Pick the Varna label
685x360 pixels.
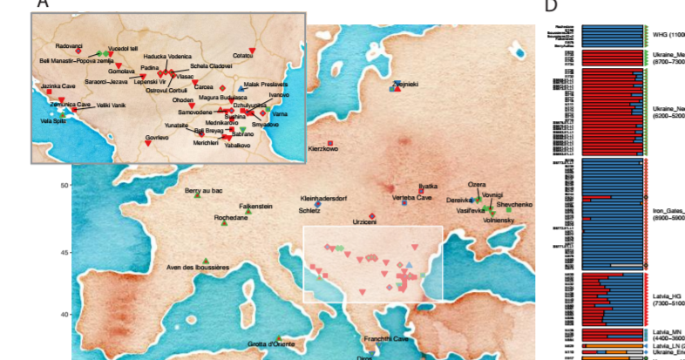click(280, 114)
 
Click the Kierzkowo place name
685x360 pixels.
click(325, 150)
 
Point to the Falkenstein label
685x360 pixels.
click(256, 206)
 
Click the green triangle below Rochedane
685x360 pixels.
click(225, 225)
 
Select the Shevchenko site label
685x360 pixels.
click(514, 204)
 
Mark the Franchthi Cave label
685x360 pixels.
click(386, 338)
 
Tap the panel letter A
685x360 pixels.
click(39, 4)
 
